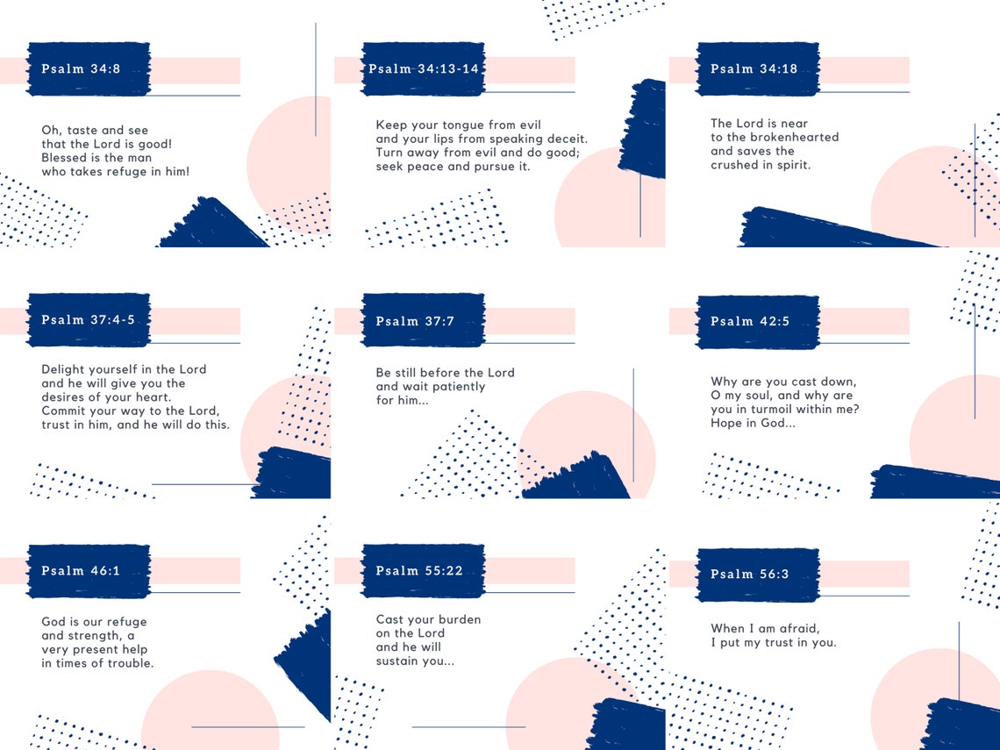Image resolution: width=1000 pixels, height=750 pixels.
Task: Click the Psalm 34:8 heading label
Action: [81, 69]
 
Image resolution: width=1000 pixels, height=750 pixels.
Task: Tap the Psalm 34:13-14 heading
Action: [424, 69]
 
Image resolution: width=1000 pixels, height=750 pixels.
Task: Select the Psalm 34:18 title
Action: [754, 69]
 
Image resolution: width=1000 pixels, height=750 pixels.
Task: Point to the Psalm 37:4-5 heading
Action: [88, 319]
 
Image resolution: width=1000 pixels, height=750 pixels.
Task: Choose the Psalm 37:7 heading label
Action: [415, 321]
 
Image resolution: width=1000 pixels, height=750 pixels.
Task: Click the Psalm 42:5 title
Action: [750, 321]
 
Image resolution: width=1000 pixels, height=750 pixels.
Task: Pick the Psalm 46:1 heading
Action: [81, 570]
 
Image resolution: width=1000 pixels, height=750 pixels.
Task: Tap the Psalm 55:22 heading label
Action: [419, 570]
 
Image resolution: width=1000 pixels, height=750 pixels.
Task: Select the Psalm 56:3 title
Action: [750, 574]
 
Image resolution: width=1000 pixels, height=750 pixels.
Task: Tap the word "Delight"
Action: [62, 369]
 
